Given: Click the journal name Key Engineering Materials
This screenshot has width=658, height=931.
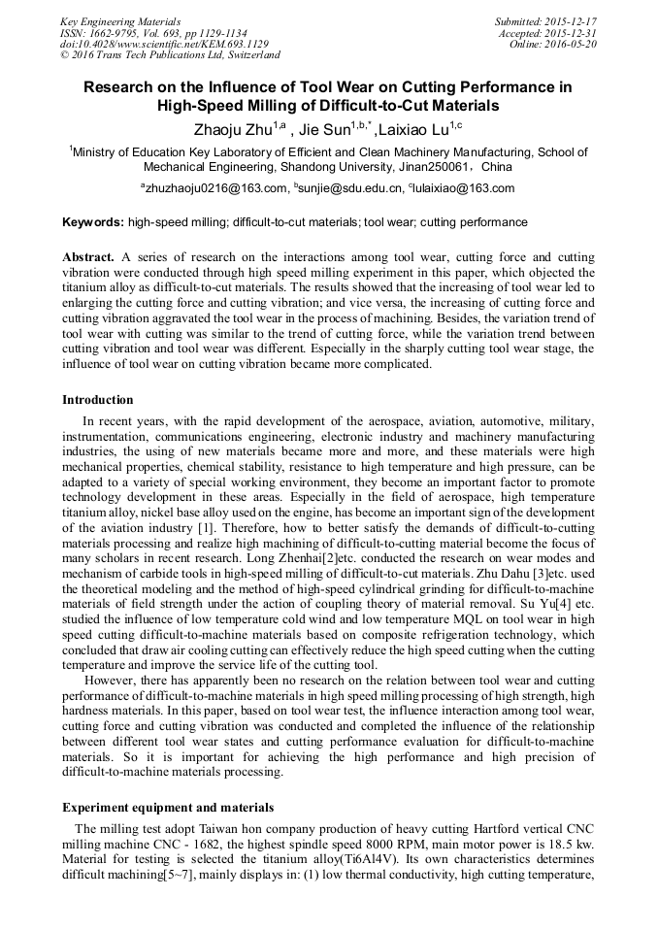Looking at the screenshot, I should pyautogui.click(x=119, y=20).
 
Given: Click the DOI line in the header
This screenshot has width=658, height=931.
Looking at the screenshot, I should pyautogui.click(x=164, y=44).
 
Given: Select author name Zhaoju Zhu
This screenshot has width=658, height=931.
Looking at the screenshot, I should pyautogui.click(x=237, y=129).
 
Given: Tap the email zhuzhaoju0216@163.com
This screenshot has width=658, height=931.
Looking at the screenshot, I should pyautogui.click(x=216, y=188).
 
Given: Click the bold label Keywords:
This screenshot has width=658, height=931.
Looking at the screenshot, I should pyautogui.click(x=93, y=222).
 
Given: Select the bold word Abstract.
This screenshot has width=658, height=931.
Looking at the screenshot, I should pyautogui.click(x=88, y=257).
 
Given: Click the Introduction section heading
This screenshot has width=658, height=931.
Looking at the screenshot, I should pyautogui.click(x=98, y=399).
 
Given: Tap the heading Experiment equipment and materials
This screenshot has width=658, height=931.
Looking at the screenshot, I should pyautogui.click(x=168, y=807).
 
